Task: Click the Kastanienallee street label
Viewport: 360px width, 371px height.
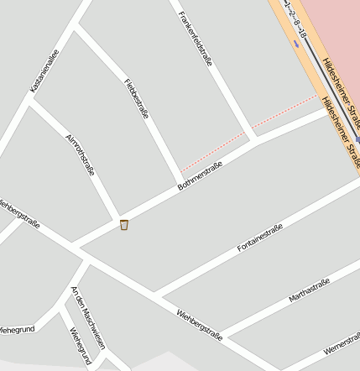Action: [44, 71]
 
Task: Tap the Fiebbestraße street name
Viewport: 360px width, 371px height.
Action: [137, 98]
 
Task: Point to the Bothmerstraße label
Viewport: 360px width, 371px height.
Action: [201, 176]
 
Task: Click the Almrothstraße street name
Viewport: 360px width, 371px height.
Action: [80, 154]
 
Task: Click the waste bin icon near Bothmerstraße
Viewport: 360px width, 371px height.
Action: [124, 224]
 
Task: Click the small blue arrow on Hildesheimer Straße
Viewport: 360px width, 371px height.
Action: [296, 42]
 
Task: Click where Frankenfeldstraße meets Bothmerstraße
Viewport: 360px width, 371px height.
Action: [256, 139]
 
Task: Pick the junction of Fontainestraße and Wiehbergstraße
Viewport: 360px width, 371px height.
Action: [156, 295]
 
